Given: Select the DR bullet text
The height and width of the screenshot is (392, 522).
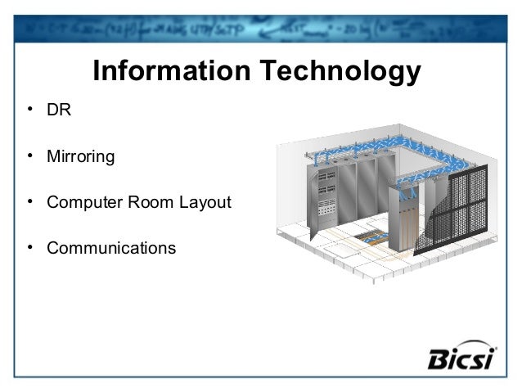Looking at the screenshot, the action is pyautogui.click(x=59, y=110).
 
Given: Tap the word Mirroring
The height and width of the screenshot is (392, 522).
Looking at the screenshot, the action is pyautogui.click(x=80, y=155).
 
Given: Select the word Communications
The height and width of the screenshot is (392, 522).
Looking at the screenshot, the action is pyautogui.click(x=111, y=247).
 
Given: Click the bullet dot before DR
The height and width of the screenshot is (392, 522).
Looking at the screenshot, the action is pyautogui.click(x=29, y=110).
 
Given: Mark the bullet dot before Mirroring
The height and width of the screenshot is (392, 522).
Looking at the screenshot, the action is pyautogui.click(x=29, y=155).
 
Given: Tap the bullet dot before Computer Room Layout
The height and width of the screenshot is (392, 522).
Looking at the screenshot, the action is pyautogui.click(x=29, y=201).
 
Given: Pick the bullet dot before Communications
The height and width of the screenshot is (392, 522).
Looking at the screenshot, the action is pyautogui.click(x=29, y=247).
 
